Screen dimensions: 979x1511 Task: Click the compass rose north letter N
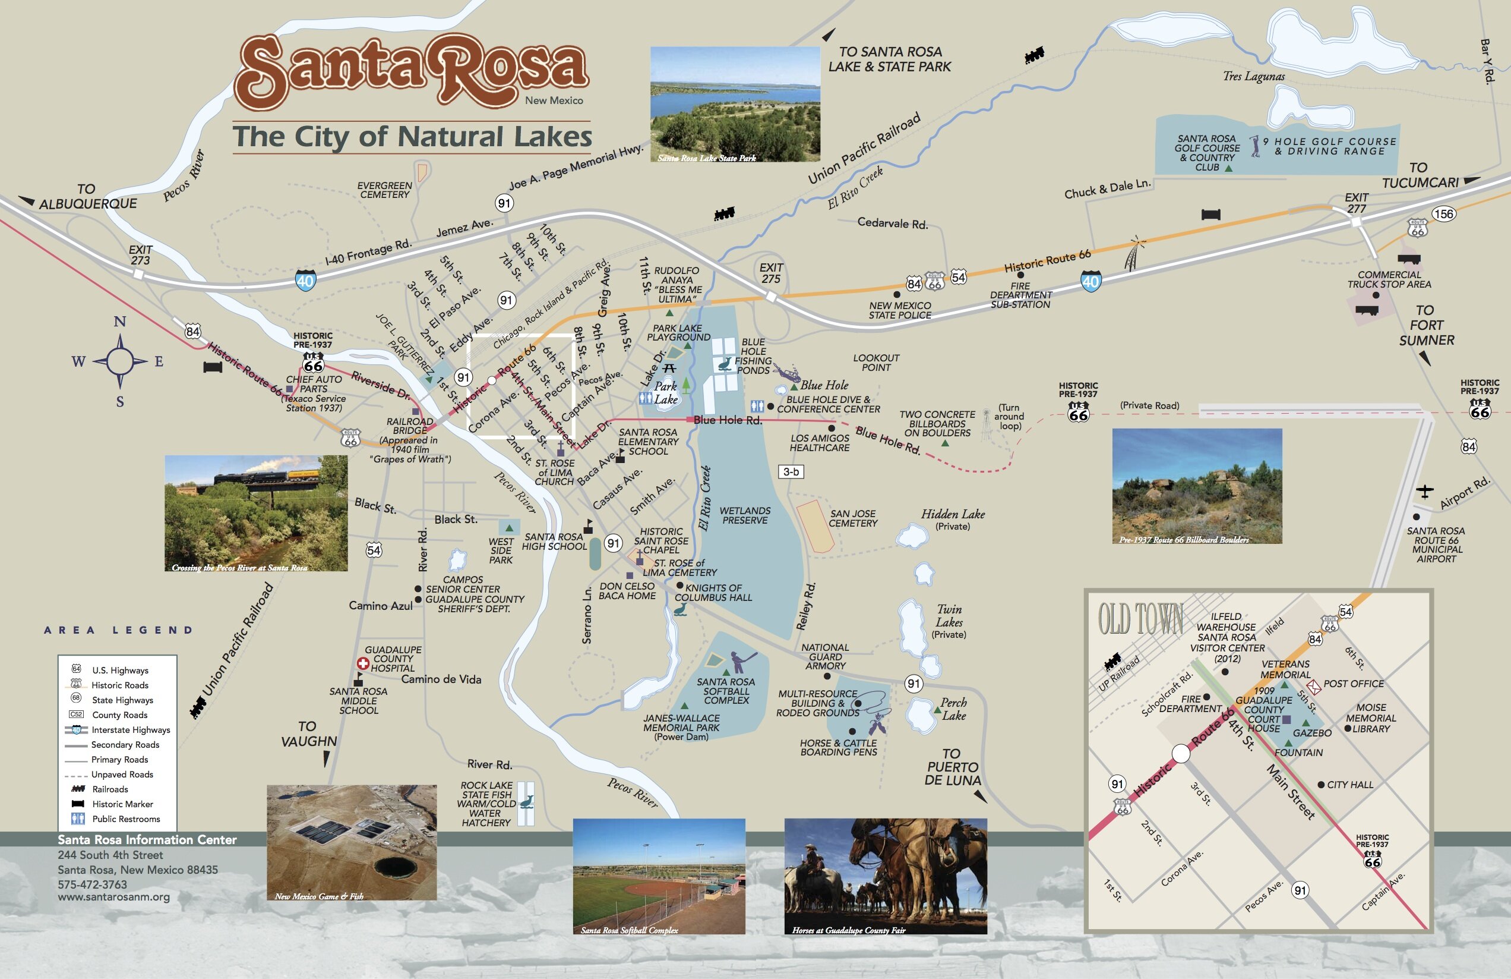(x=119, y=322)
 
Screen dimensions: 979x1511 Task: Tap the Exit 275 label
(x=771, y=273)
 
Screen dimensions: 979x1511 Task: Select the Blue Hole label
(x=823, y=385)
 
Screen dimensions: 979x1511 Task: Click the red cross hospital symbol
(x=362, y=663)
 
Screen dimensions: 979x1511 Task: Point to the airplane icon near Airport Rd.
(x=1425, y=491)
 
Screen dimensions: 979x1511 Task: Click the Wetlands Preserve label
(x=745, y=515)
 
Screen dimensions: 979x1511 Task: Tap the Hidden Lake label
(x=952, y=514)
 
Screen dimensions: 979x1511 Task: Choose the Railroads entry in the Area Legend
(x=110, y=789)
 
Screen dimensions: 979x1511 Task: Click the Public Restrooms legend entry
(x=126, y=819)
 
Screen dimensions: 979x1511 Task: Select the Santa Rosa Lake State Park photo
(x=735, y=103)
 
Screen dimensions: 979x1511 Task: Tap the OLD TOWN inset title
(x=1141, y=619)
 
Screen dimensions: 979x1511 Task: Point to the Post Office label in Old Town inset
(x=1354, y=684)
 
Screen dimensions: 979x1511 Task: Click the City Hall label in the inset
(x=1349, y=785)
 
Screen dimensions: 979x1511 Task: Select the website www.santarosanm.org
(x=113, y=897)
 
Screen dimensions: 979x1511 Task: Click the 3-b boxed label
(x=791, y=471)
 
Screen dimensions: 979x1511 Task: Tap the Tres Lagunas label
(x=1253, y=76)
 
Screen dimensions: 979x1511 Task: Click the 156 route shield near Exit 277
(x=1443, y=213)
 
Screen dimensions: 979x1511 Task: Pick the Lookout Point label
(x=876, y=363)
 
